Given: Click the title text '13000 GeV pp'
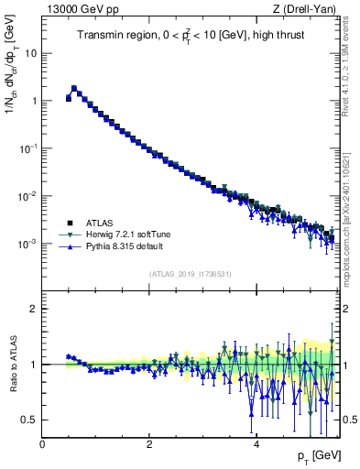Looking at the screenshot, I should (76, 10).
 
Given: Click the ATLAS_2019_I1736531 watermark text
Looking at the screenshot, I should (190, 274).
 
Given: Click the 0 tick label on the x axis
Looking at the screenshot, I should (42, 444).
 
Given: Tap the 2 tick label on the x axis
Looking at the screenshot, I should (148, 444).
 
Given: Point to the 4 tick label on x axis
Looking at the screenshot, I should (256, 444).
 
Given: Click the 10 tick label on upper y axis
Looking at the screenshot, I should (29, 53).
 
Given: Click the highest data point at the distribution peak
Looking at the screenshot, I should (74, 89).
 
